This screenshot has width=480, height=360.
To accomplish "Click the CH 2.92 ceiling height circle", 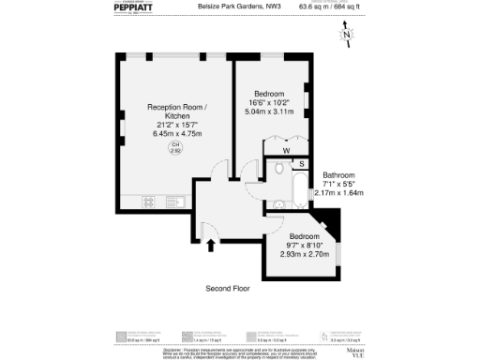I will point(174,148).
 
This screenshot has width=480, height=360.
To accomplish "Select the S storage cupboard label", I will point(302,164).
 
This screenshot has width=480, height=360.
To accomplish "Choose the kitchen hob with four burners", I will point(149,201).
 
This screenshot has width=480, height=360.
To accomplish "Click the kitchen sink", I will point(174,201).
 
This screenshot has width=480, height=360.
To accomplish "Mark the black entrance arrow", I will point(210,247).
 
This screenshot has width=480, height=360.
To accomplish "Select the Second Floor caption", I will point(228,289).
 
